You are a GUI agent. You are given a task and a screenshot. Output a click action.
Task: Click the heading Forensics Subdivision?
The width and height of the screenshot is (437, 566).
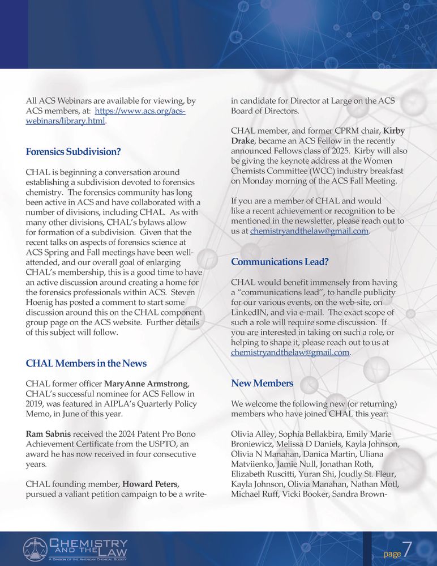pos(74,152)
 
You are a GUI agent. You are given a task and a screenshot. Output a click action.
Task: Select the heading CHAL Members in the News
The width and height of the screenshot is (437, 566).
pos(86,364)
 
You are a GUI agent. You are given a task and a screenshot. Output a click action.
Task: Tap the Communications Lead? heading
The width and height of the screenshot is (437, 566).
pos(280,262)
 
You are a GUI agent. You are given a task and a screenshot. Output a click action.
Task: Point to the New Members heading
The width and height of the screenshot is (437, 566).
pos(262,384)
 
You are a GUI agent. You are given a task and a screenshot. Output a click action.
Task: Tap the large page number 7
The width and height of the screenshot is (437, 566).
pos(407,550)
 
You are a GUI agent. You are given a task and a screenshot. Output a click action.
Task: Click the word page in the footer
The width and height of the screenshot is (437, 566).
pos(392,554)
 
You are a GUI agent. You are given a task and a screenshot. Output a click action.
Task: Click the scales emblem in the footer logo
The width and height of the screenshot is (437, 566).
pos(35,549)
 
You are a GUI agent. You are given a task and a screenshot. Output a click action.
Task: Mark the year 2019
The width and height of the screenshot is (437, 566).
pos(35,403)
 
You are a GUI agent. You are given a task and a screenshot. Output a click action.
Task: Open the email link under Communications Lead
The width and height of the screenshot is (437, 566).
pos(290,352)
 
